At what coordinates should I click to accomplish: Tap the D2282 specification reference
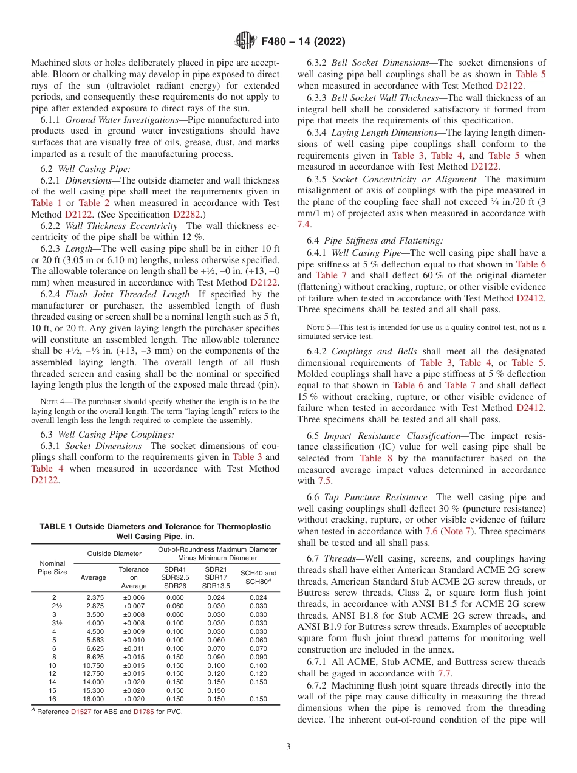(x=188, y=215)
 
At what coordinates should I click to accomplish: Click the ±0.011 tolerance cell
(x=134, y=648)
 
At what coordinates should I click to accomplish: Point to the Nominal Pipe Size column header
(x=53, y=568)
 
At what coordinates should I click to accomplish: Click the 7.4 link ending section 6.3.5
(x=304, y=224)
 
